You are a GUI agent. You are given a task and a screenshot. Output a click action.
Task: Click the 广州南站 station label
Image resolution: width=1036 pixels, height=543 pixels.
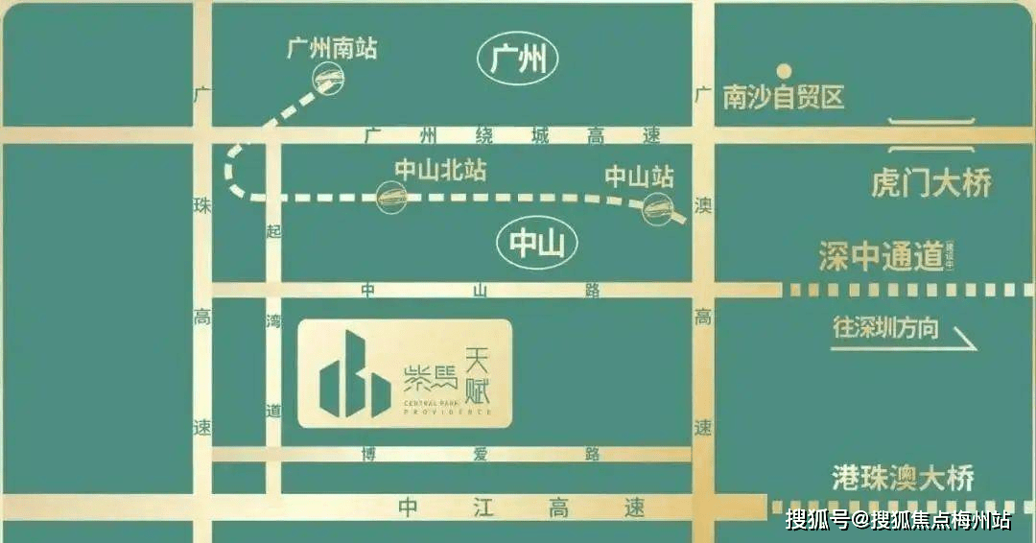tap(332, 49)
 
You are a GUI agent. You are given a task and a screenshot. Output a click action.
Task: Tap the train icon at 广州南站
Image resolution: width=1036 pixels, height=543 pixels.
tap(327, 82)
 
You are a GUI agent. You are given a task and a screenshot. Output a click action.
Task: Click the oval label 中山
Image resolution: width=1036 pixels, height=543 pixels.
tap(537, 246)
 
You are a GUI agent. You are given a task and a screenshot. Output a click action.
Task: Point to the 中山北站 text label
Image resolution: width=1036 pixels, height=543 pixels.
tap(440, 171)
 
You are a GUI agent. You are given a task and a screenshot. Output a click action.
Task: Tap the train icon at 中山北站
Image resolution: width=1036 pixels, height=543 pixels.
tap(392, 199)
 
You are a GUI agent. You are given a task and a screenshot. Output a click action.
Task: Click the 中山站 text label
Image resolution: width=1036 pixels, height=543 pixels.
tap(639, 177)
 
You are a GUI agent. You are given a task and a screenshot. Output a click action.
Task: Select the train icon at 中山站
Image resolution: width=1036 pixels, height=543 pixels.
tap(657, 205)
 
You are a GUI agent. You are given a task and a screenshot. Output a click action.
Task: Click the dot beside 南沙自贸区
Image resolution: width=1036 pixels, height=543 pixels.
tap(784, 70)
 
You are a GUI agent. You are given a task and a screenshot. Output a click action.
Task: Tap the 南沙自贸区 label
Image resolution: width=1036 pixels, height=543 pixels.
tap(784, 97)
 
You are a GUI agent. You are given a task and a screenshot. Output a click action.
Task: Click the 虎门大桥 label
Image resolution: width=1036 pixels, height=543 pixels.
tap(930, 182)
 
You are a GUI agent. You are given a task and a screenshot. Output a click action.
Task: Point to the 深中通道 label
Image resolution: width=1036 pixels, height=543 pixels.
tap(881, 256)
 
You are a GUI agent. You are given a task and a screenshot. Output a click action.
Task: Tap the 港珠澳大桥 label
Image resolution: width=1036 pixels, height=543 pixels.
tap(903, 478)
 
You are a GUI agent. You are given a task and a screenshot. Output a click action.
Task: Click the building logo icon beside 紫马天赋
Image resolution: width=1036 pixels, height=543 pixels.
tap(354, 375)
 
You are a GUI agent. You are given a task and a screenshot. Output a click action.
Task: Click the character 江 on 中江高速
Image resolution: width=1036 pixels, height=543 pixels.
tap(483, 508)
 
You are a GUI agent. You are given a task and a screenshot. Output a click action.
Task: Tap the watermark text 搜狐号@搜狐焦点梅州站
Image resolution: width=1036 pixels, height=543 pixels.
tap(898, 521)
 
